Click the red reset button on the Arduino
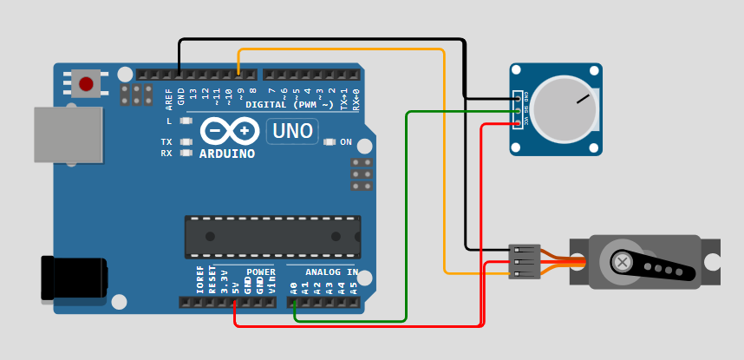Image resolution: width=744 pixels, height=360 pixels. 86,83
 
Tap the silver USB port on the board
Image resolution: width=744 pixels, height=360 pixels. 68,134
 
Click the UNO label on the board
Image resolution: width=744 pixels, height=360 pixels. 291,132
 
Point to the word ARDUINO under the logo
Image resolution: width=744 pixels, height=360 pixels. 227,154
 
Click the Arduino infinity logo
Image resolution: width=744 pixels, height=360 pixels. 230,131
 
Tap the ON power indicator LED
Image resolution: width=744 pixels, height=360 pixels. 329,142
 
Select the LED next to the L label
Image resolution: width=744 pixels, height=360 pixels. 185,121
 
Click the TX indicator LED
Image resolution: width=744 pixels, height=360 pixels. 185,141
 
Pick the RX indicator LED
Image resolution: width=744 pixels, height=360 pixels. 185,153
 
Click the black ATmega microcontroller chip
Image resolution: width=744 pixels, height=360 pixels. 272,237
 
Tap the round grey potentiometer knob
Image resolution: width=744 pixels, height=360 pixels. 564,109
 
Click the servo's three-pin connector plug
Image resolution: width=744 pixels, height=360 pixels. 524,261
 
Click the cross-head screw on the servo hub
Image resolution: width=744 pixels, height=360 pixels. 622,261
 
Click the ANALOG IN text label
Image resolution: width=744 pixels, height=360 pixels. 331,272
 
